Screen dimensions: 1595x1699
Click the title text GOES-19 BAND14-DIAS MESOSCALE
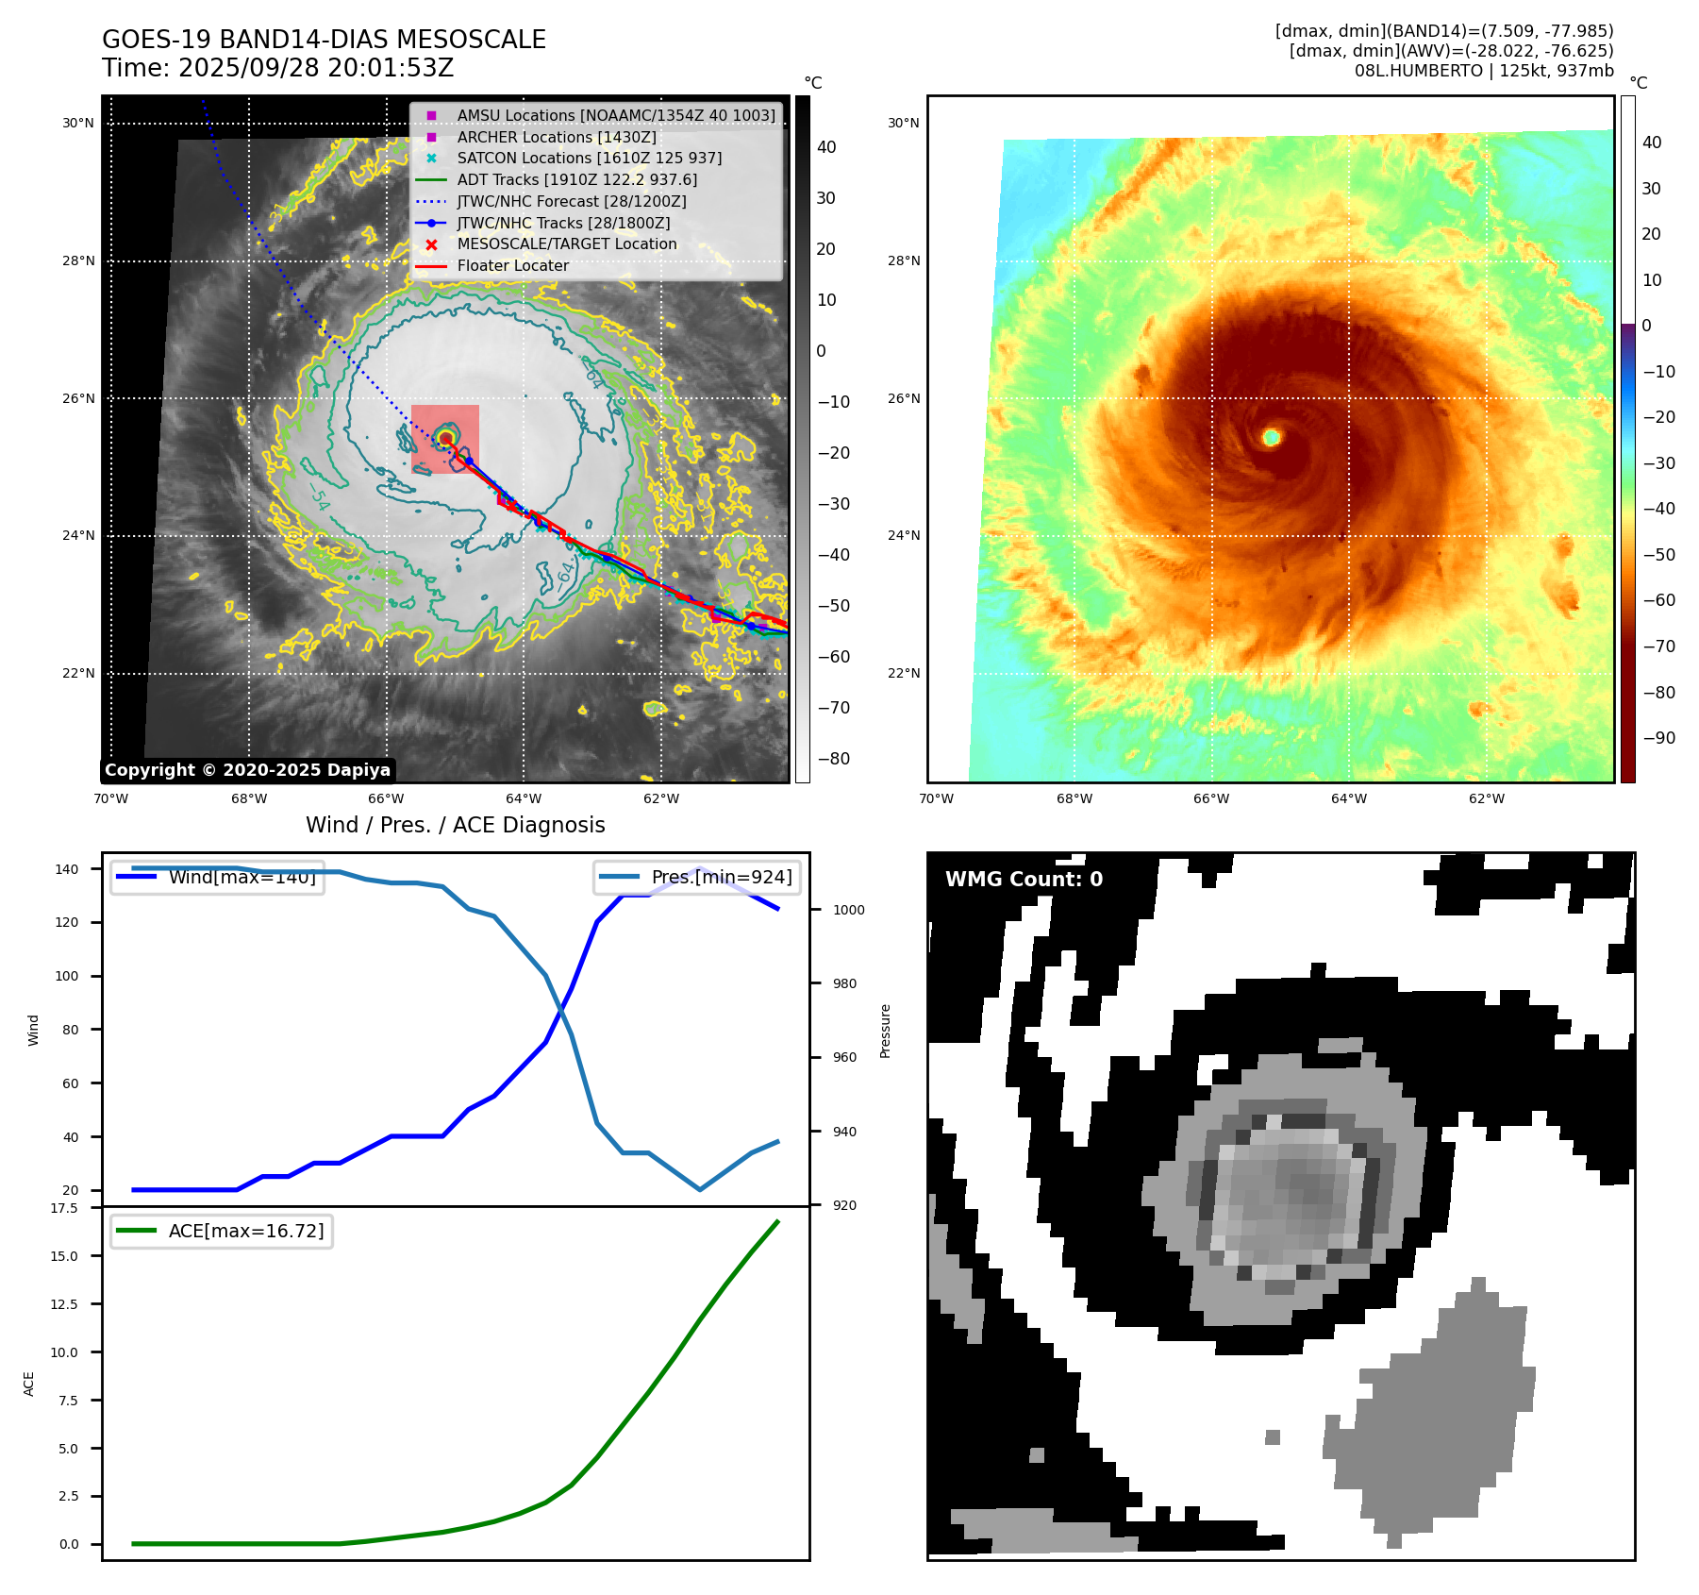[324, 40]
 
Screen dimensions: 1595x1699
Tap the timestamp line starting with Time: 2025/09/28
[278, 68]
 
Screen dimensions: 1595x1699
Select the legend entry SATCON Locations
[589, 159]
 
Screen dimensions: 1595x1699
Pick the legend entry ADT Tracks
[576, 179]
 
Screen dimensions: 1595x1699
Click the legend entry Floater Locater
[512, 266]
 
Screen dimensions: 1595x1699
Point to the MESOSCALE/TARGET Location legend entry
[566, 244]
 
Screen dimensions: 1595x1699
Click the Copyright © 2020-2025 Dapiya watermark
[247, 770]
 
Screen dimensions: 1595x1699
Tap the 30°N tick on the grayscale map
[78, 124]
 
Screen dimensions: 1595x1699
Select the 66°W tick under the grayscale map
[386, 799]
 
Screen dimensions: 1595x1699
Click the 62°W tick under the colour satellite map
[1487, 799]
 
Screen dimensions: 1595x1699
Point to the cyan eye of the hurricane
[1272, 437]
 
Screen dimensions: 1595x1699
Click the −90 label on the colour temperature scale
[1658, 738]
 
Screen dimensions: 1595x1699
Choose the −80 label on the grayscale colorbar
[833, 759]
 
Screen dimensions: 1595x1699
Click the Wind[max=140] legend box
[217, 878]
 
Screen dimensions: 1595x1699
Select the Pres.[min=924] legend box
[698, 878]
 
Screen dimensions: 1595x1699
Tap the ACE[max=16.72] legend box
[222, 1231]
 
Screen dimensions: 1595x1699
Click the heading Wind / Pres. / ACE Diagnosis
[456, 825]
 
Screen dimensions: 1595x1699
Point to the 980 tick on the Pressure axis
[844, 983]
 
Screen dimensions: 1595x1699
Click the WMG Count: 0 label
[1024, 880]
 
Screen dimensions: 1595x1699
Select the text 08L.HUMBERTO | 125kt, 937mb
[1484, 71]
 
